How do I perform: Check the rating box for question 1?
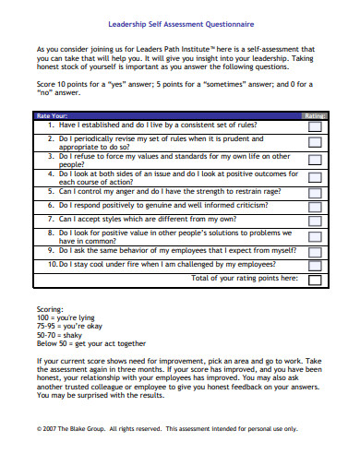click(x=315, y=124)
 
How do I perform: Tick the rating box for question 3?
click(x=315, y=161)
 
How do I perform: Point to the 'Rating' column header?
click(x=315, y=115)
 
